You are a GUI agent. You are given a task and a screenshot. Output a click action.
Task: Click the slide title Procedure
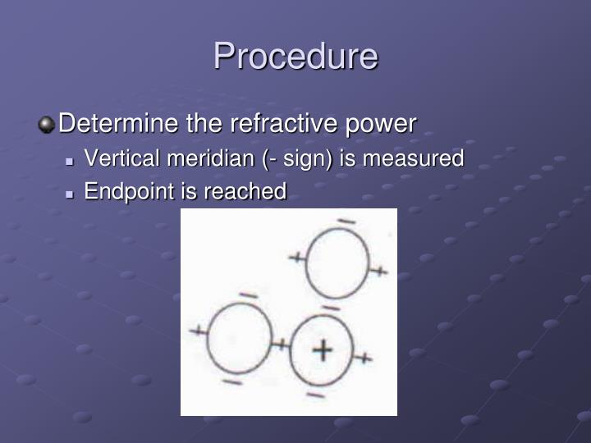[295, 57]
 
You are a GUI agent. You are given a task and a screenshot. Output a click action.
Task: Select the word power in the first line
[379, 124]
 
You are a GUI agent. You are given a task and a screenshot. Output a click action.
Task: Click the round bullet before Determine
[47, 125]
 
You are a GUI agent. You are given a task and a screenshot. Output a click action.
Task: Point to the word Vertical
[117, 158]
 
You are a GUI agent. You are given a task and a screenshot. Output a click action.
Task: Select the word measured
[413, 158]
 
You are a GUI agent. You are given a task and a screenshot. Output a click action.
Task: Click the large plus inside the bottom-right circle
[323, 350]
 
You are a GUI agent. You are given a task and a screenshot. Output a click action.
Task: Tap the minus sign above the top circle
[346, 221]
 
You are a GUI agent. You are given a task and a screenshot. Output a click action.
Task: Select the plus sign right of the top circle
[378, 270]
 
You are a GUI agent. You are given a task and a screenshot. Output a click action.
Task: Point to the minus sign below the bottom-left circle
[231, 381]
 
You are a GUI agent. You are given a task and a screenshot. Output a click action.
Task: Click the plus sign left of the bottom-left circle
[198, 331]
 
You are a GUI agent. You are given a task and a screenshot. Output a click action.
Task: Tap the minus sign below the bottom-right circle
[315, 395]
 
